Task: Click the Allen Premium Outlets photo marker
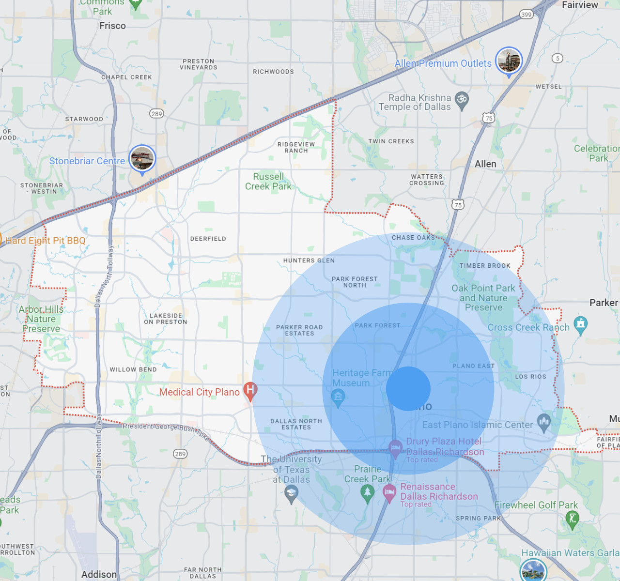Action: [509, 61]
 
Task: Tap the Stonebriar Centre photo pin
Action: [142, 159]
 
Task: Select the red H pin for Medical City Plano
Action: [250, 390]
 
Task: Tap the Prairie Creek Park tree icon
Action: [367, 493]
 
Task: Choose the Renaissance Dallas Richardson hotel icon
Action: [389, 493]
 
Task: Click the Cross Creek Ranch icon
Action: [580, 324]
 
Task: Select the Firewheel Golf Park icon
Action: [573, 520]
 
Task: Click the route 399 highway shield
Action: [527, 15]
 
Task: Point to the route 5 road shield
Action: [558, 58]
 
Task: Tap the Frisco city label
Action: [112, 26]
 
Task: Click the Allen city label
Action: [485, 164]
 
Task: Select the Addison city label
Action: [99, 574]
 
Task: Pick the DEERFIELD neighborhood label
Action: [208, 239]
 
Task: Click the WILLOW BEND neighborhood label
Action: [133, 369]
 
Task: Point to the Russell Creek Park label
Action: [268, 182]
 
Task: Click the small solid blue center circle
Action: [408, 389]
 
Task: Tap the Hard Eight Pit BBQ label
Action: [45, 241]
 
